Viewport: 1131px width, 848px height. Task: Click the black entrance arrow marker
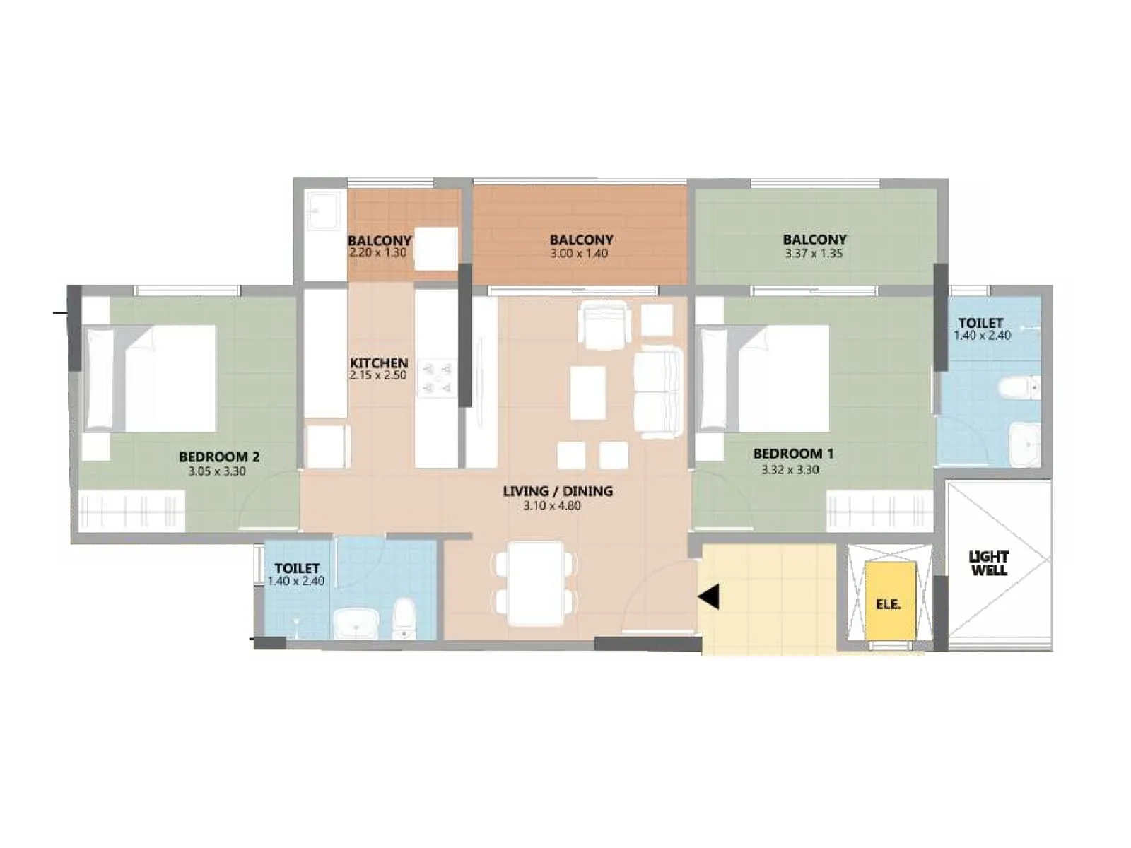(x=709, y=596)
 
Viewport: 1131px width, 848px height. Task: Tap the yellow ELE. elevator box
(x=889, y=603)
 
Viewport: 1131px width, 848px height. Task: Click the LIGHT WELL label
(x=988, y=563)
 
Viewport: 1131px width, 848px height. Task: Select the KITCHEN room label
(x=378, y=363)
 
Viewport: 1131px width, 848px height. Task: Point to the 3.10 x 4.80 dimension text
(x=552, y=506)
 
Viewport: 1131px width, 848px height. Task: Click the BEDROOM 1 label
(x=793, y=454)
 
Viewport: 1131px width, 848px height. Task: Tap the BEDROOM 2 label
(x=219, y=457)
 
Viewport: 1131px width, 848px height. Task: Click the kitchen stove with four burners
(x=437, y=378)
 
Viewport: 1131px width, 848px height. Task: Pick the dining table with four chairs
(x=535, y=583)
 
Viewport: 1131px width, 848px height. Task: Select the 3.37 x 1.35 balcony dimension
(x=814, y=254)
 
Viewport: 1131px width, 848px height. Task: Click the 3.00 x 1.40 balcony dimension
(x=579, y=254)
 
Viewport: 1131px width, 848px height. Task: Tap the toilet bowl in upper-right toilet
(x=1019, y=388)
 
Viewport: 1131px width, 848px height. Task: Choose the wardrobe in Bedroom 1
(x=879, y=510)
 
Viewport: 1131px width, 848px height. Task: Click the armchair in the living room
(x=604, y=325)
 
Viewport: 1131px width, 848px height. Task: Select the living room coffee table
(x=588, y=393)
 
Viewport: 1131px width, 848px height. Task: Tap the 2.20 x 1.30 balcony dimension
(x=377, y=253)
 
